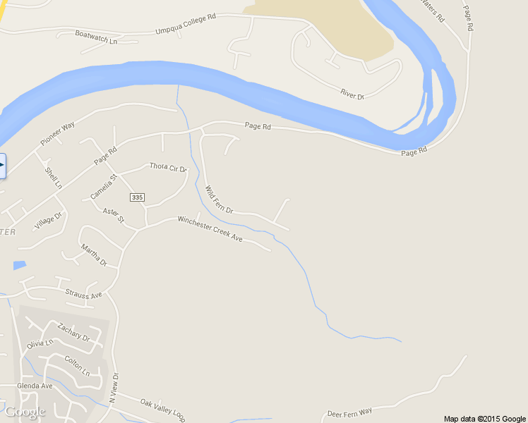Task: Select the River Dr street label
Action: [352, 94]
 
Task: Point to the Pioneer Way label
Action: [58, 134]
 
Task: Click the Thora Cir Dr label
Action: [168, 167]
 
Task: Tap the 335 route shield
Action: [137, 197]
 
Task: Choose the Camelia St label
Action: [102, 186]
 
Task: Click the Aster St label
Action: [113, 215]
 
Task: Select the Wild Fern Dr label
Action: [219, 200]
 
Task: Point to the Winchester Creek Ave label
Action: [210, 229]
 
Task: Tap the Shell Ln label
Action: [54, 178]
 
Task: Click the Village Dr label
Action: [48, 221]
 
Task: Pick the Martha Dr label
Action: [93, 255]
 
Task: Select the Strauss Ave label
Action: [83, 294]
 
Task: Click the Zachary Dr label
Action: [74, 332]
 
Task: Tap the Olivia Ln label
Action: [40, 344]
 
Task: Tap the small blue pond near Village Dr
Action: [19, 266]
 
